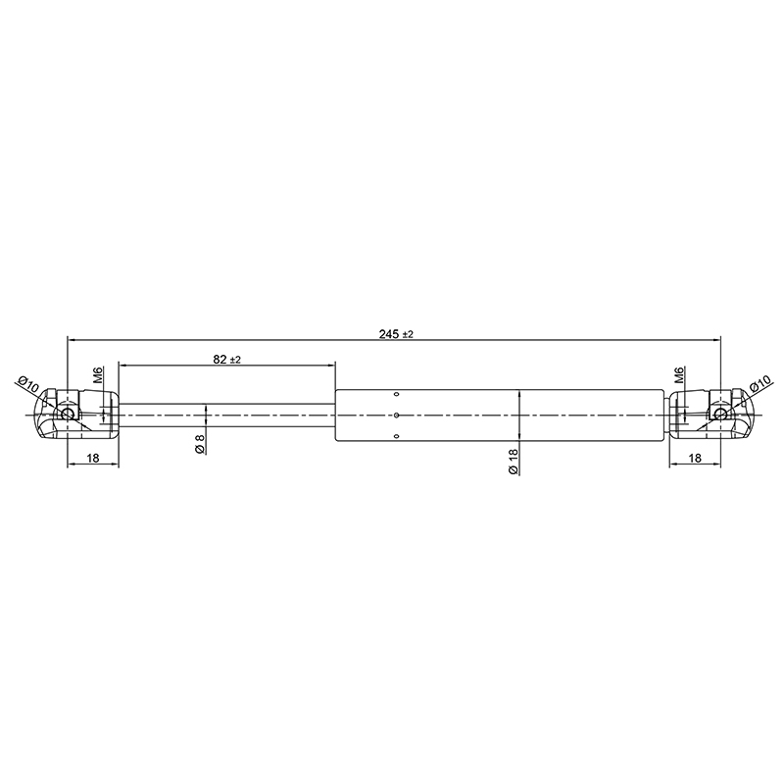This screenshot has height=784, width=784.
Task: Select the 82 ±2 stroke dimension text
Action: [x=227, y=359]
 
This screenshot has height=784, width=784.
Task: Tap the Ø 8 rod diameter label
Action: [x=200, y=444]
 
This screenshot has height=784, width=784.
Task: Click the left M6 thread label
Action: [x=99, y=375]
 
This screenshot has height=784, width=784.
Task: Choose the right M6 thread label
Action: [x=678, y=375]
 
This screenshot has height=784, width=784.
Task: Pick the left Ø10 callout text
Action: [x=28, y=385]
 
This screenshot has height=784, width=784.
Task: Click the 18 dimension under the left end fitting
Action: [x=93, y=457]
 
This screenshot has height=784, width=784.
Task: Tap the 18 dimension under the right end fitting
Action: [x=695, y=457]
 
